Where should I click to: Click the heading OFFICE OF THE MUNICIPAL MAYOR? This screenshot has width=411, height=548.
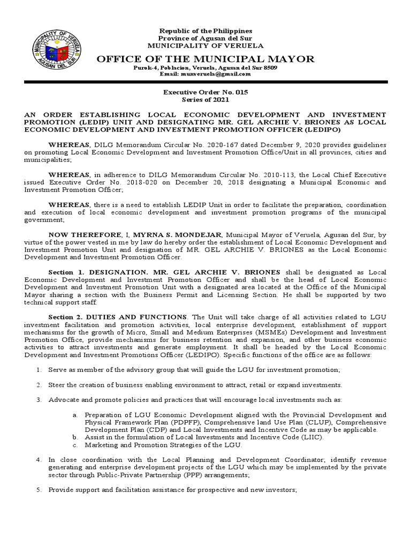205,58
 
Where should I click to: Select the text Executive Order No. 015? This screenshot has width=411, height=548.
205,93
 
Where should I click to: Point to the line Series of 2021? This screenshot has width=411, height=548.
205,100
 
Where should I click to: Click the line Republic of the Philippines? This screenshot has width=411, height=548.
205,32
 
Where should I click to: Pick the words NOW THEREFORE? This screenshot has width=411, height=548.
79,234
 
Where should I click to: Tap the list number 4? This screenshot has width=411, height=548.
39,460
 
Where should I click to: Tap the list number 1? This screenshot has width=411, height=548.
39,370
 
